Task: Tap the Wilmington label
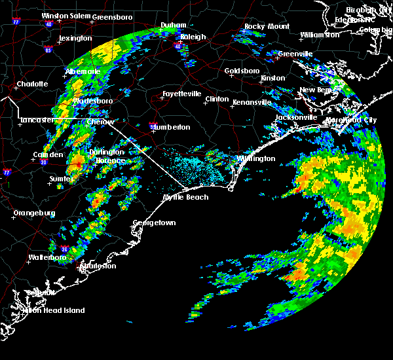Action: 256,158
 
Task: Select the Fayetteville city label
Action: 181,94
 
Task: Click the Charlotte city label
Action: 33,84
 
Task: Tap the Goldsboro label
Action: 242,71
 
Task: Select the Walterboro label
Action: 49,257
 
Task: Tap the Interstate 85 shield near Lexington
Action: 48,49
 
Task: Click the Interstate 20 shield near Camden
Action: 43,162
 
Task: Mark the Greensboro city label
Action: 111,16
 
